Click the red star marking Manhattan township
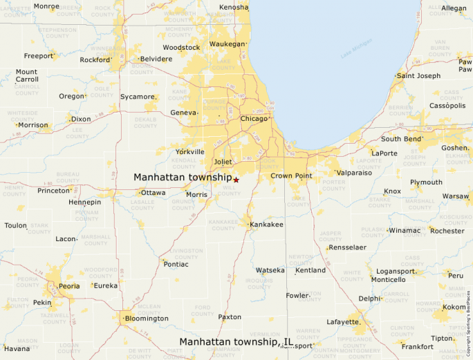[236, 180]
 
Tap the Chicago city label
[253, 119]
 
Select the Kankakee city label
[266, 225]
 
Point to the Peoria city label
[69, 285]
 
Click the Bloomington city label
[146, 319]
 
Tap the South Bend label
[400, 139]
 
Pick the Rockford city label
[95, 60]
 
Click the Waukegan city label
[227, 44]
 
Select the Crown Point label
[291, 176]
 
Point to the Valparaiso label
[354, 173]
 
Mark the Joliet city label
[223, 162]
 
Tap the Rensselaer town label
[347, 247]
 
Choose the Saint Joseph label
[418, 76]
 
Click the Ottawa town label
[153, 193]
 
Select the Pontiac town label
[176, 264]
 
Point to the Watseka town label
[270, 270]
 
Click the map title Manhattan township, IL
[236, 341]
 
